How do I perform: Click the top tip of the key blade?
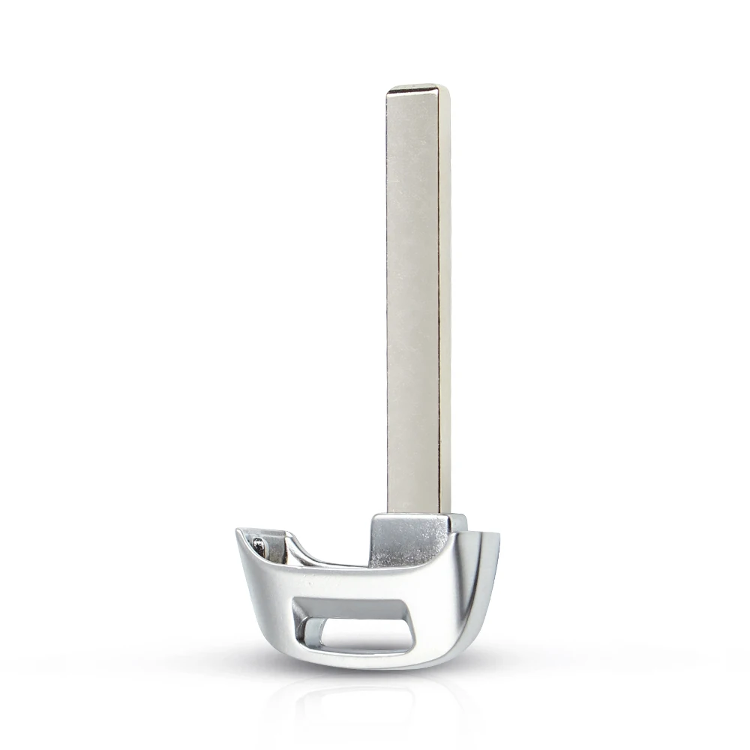418,88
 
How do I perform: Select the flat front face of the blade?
412,300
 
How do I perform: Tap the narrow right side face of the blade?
444,300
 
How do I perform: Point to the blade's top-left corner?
388,92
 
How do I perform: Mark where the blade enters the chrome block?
416,514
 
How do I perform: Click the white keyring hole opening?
367,634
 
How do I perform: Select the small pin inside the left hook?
259,547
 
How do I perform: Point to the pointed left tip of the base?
239,533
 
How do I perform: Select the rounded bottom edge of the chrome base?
360,664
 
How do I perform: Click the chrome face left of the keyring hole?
270,600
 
